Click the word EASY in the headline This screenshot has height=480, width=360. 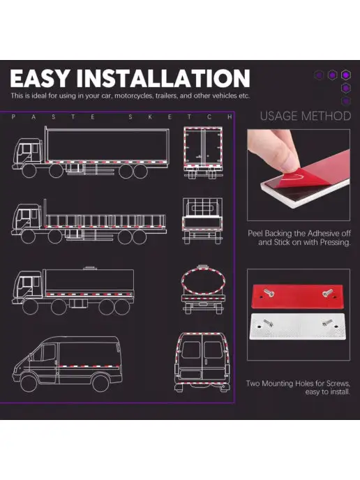coord(40,78)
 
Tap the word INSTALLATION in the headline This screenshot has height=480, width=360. coord(163,78)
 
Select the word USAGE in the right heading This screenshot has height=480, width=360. coord(279,116)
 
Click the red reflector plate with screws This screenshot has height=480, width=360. coord(297,296)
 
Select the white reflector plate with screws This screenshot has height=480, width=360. coord(297,327)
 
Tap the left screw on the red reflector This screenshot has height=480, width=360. coord(269,293)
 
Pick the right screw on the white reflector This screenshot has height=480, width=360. coord(327,322)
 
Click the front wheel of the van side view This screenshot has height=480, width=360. coord(29,383)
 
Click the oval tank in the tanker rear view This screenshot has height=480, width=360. coord(203,281)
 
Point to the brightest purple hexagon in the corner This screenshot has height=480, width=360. coord(346,75)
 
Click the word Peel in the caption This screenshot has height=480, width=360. coord(255,234)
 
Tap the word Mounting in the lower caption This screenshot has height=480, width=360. coord(277,384)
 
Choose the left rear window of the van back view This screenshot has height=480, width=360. coord(191,350)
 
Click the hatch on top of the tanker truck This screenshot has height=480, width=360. coord(90,268)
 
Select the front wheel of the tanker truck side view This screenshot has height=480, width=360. coord(30,307)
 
